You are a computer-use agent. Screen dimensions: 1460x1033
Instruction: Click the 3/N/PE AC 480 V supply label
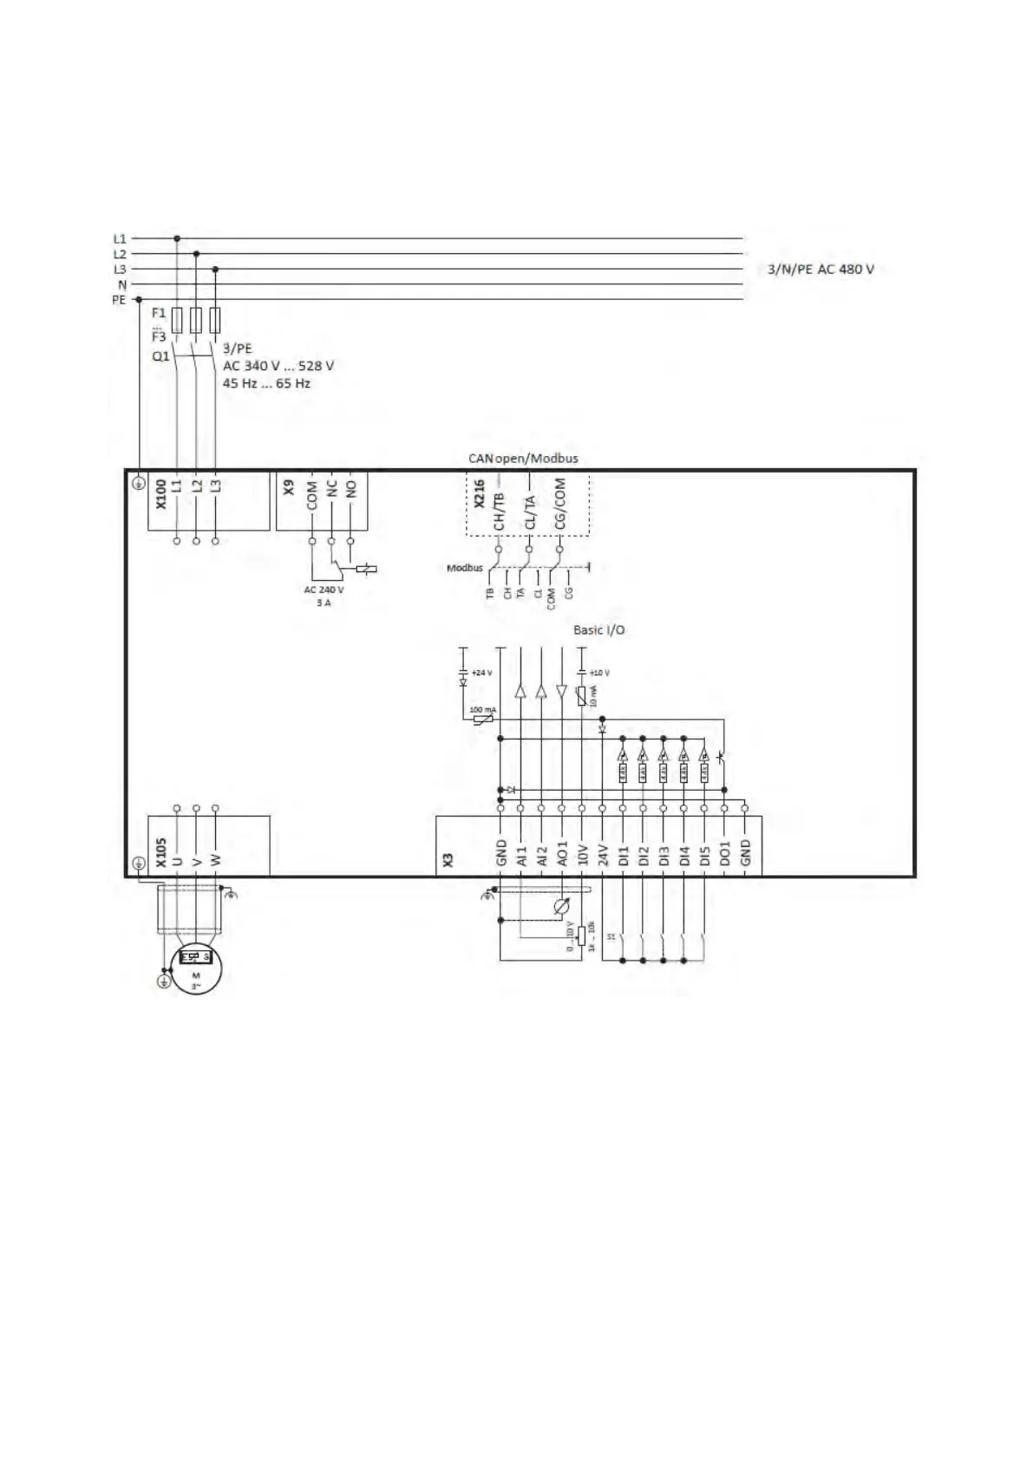[x=821, y=270]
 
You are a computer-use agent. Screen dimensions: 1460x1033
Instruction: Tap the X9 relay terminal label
[x=289, y=488]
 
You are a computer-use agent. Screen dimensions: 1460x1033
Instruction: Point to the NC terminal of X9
[x=331, y=488]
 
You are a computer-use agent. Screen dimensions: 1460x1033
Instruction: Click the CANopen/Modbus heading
[x=523, y=459]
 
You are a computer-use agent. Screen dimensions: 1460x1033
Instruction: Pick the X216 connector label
[x=479, y=493]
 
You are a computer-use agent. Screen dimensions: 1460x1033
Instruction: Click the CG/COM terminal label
[x=560, y=504]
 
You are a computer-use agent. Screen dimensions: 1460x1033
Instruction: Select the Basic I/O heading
[x=598, y=630]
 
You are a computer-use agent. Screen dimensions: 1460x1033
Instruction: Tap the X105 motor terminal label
[x=160, y=853]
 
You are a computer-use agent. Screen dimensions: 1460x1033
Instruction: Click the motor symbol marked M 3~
[x=196, y=969]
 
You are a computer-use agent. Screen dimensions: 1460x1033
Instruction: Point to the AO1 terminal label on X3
[x=562, y=853]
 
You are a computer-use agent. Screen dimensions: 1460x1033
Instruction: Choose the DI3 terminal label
[x=664, y=856]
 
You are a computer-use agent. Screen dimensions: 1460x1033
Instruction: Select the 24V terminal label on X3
[x=603, y=856]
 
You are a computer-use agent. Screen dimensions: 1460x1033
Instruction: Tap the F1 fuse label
[x=158, y=313]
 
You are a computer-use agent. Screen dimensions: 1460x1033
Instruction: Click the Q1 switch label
[x=160, y=356]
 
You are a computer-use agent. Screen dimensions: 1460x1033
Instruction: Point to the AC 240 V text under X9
[x=324, y=590]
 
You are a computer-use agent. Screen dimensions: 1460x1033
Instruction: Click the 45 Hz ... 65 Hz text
[x=266, y=383]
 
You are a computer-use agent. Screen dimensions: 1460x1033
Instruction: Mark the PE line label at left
[x=119, y=300]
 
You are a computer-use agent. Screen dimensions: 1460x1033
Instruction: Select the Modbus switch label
[x=464, y=568]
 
